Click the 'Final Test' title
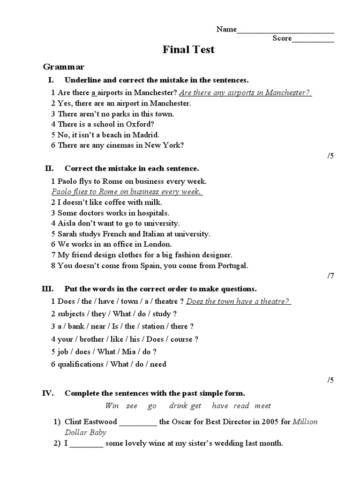click(x=188, y=50)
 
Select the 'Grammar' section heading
click(x=63, y=67)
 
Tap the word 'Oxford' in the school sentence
click(x=139, y=124)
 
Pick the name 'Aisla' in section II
click(x=67, y=223)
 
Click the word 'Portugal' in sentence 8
click(x=231, y=265)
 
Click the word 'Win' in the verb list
click(x=112, y=405)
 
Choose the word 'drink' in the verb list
click(x=178, y=405)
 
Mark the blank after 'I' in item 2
click(x=87, y=444)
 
